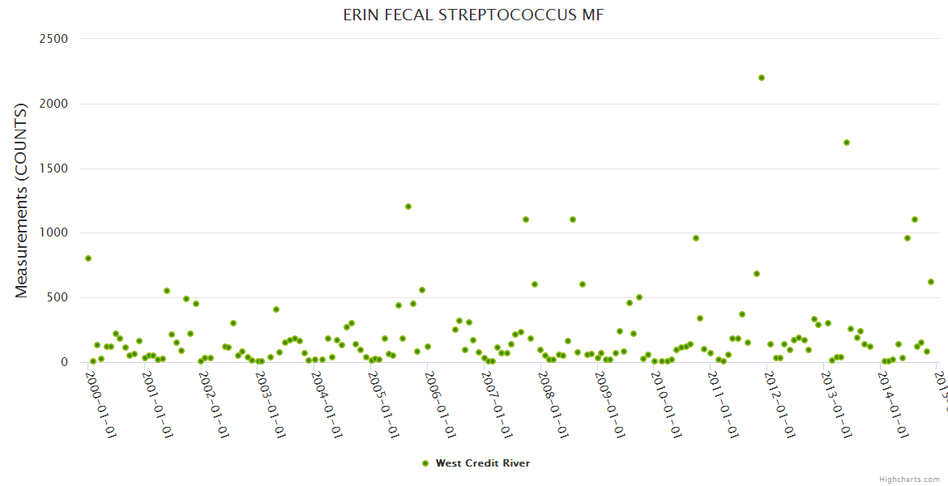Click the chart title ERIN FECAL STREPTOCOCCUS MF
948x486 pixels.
click(473, 15)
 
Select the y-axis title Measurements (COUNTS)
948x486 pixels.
click(22, 200)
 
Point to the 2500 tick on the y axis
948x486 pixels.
click(53, 39)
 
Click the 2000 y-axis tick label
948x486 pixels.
click(53, 104)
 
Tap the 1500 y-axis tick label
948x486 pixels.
click(53, 168)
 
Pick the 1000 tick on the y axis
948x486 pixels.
click(53, 232)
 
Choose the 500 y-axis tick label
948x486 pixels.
click(58, 297)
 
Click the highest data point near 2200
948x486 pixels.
click(762, 78)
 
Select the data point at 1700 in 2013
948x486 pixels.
click(847, 143)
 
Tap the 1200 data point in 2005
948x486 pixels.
click(408, 207)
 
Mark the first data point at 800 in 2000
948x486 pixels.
click(88, 258)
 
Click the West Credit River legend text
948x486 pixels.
click(483, 463)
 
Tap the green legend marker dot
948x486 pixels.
click(425, 463)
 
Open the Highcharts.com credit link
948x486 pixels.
click(909, 479)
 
